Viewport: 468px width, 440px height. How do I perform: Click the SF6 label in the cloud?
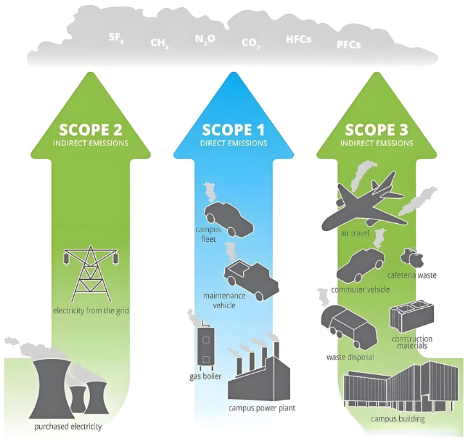tap(116, 38)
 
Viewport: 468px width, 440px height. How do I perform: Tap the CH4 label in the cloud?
tap(159, 43)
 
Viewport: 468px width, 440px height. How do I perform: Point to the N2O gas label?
tap(205, 39)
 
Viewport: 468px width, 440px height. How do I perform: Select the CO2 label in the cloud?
tap(251, 44)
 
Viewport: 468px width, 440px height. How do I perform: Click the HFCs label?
tap(298, 39)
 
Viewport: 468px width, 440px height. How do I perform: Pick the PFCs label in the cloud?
tap(348, 44)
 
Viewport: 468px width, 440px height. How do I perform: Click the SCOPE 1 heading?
tap(233, 130)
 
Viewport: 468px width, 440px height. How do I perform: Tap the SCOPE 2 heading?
tap(91, 130)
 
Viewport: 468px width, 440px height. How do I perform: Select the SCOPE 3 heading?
tap(376, 130)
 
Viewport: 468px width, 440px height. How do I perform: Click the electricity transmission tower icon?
tap(91, 273)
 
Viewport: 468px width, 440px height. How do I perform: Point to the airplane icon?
tap(364, 203)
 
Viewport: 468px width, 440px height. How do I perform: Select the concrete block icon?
tap(411, 316)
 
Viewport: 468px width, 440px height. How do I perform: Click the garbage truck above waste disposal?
tap(349, 327)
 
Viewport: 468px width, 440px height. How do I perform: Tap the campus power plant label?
tap(262, 408)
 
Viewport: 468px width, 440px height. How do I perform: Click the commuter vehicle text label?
tap(361, 289)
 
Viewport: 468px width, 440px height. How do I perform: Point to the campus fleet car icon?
tap(229, 219)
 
